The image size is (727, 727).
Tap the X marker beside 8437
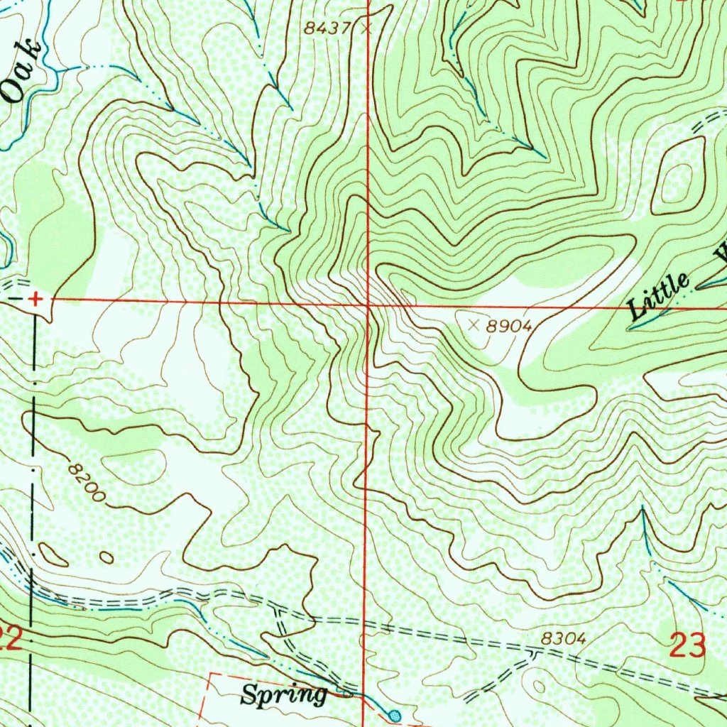coord(366,29)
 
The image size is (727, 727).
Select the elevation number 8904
coord(510,326)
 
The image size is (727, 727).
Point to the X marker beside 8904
coord(474,324)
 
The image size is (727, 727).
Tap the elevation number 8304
coord(563,639)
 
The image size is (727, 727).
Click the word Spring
coord(283,694)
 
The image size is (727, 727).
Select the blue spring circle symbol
coord(395,714)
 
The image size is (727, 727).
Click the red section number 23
coord(687,646)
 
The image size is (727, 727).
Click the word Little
coord(658,296)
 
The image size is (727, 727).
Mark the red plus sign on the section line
coord(35,300)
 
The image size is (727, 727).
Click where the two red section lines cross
coord(367,305)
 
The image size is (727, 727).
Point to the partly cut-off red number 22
coord(9,641)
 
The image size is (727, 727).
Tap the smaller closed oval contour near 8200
coord(106,557)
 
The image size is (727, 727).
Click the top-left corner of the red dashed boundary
coord(211,672)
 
